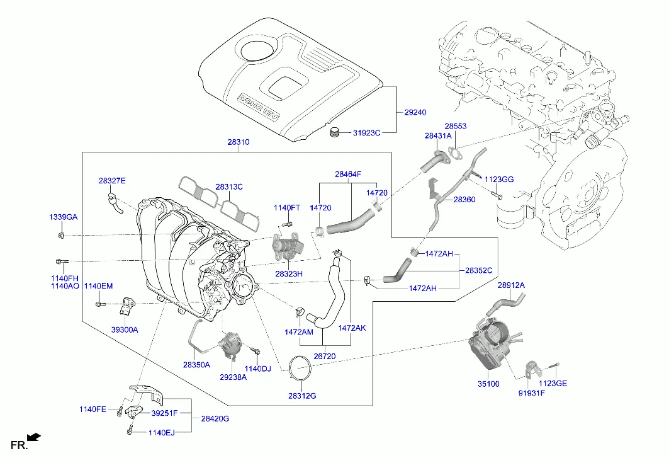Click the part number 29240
click(x=415, y=113)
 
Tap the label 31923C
click(x=367, y=133)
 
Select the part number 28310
click(x=239, y=143)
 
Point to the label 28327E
click(x=112, y=181)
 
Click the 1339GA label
click(x=64, y=217)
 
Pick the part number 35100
click(x=488, y=383)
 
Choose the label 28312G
click(x=302, y=396)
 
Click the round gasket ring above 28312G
click(x=300, y=369)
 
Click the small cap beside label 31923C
click(x=334, y=132)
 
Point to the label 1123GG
click(x=499, y=180)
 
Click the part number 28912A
click(x=511, y=285)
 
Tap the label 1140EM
click(x=99, y=286)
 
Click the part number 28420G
click(x=215, y=418)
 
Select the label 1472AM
click(x=298, y=331)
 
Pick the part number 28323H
click(x=289, y=274)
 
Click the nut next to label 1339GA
click(x=60, y=236)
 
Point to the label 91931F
click(x=532, y=393)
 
